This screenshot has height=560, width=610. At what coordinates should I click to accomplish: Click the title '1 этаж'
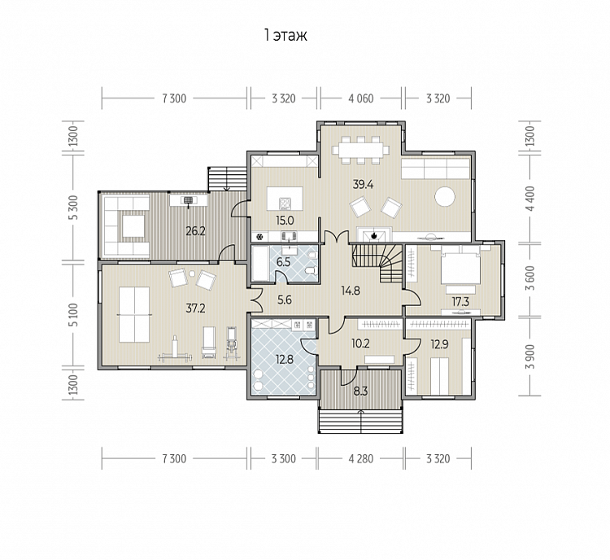point(285,35)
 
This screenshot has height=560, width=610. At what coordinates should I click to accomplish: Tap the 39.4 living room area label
point(363,184)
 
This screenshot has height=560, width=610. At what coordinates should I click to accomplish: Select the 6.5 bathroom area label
point(283,262)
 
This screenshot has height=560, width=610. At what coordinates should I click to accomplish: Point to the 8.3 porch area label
point(360,392)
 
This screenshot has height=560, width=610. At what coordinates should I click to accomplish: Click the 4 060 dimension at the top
point(360,98)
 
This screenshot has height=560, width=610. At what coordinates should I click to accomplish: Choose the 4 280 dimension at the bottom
point(360,459)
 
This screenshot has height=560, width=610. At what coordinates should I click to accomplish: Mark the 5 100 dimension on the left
point(74,315)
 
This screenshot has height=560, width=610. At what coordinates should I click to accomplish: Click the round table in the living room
point(445,197)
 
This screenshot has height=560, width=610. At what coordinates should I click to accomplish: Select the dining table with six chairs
point(360,150)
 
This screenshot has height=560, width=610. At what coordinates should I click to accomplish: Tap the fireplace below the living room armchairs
point(374,235)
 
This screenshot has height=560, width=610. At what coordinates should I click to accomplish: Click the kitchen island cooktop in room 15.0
point(285,203)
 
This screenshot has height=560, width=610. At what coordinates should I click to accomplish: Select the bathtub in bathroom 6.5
point(260,263)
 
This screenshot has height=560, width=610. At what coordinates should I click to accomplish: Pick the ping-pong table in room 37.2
point(134,315)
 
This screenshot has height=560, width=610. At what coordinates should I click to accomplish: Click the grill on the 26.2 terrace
point(189,200)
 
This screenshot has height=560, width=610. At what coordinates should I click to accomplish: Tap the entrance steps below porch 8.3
point(360,421)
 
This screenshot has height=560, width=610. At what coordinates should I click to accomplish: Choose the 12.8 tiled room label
point(285,359)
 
